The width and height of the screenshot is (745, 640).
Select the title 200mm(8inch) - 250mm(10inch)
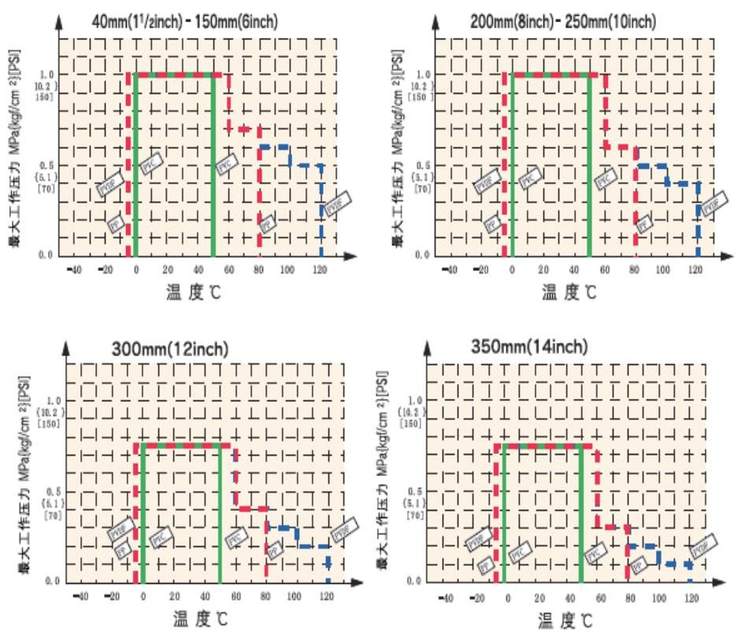pyautogui.click(x=565, y=21)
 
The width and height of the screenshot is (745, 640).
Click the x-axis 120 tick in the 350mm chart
pyautogui.click(x=691, y=599)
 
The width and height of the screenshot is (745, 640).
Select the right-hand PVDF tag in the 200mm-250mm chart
pyautogui.click(x=711, y=203)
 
